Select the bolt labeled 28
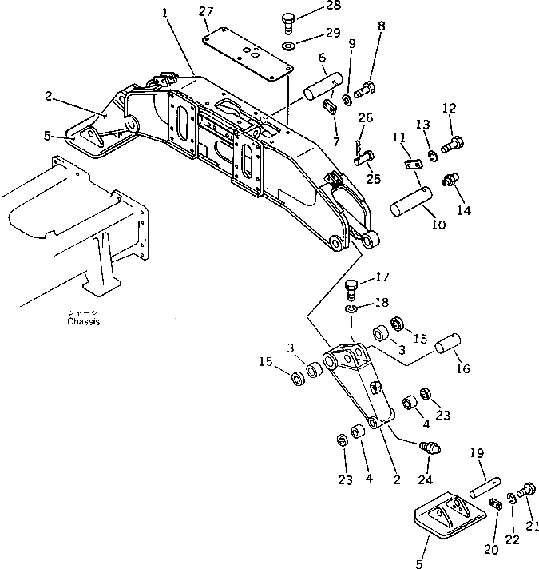point(289,19)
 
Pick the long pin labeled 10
point(412,201)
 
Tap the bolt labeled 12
point(452,144)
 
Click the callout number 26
point(365,117)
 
